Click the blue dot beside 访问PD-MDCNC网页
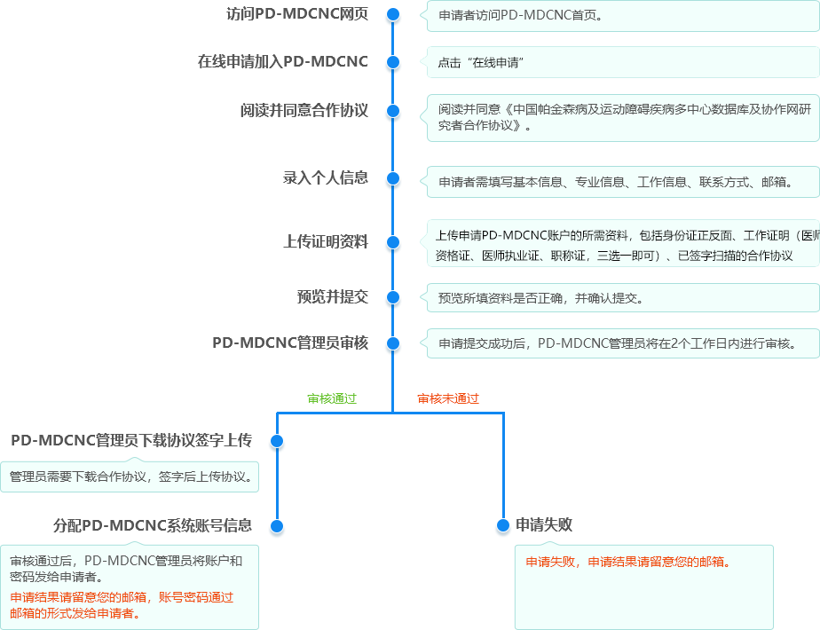pyautogui.click(x=393, y=14)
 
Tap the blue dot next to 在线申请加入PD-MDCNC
pyautogui.click(x=393, y=62)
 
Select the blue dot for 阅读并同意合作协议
pyautogui.click(x=393, y=111)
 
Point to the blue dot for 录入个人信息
pyautogui.click(x=393, y=179)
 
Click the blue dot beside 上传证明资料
pyautogui.click(x=393, y=242)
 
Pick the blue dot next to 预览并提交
pyautogui.click(x=393, y=297)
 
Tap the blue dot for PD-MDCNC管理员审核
pyautogui.click(x=393, y=343)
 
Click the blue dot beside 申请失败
pyautogui.click(x=503, y=525)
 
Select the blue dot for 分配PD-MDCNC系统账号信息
pyautogui.click(x=277, y=526)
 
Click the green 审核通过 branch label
pyautogui.click(x=332, y=399)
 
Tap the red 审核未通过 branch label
pyautogui.click(x=448, y=399)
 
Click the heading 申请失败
pyautogui.click(x=544, y=525)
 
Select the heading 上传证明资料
pyautogui.click(x=326, y=241)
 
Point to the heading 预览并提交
pyautogui.click(x=333, y=297)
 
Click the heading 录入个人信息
pyautogui.click(x=326, y=177)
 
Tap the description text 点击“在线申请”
pyautogui.click(x=481, y=63)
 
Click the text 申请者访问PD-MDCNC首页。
pyautogui.click(x=521, y=16)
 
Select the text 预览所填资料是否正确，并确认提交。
pyautogui.click(x=541, y=298)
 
